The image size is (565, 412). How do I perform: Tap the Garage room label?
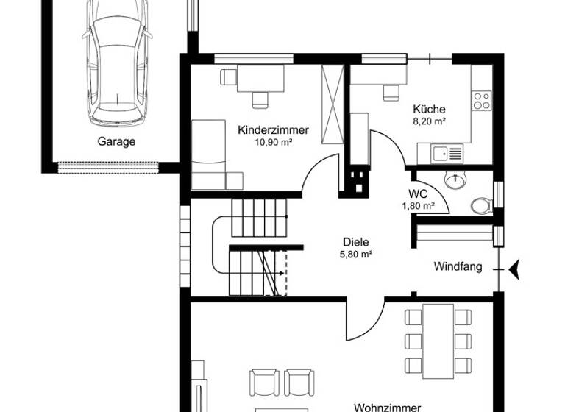click(x=117, y=142)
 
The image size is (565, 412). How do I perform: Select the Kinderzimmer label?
click(x=273, y=129)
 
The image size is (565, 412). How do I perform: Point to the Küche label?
click(x=429, y=109)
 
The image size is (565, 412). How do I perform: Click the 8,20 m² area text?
click(x=429, y=121)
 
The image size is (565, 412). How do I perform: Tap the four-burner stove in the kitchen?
click(x=482, y=101)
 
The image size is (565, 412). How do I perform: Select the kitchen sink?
click(x=441, y=154)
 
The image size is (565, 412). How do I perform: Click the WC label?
click(x=417, y=193)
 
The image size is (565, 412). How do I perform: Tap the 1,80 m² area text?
click(x=417, y=206)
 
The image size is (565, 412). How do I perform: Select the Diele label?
click(x=355, y=241)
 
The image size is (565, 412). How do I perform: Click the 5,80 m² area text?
click(x=355, y=254)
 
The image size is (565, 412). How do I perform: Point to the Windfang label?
click(x=458, y=266)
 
